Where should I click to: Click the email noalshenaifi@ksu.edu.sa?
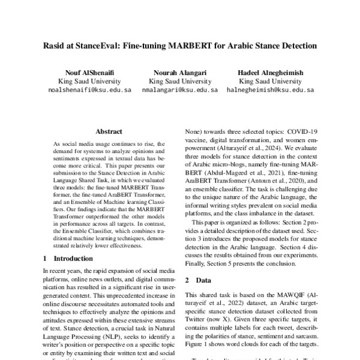[x=89, y=90]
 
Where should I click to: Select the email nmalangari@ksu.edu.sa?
[x=180, y=90]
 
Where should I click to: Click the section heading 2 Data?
[x=198, y=280]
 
